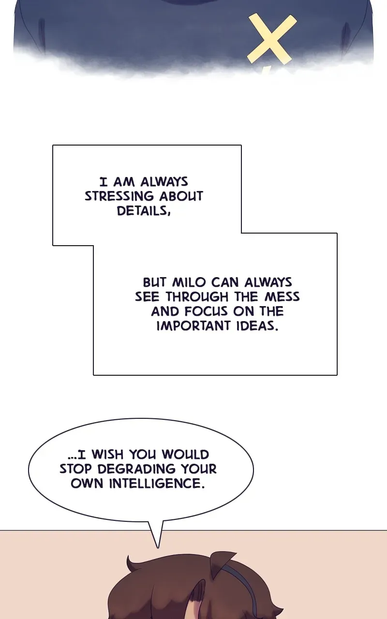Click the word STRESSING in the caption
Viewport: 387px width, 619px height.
[119, 196]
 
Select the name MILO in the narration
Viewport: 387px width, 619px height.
[189, 282]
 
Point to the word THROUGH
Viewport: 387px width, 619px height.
[197, 297]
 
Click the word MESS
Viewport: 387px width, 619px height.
[282, 297]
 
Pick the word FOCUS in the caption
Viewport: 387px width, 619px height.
[206, 311]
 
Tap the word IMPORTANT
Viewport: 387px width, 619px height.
[193, 326]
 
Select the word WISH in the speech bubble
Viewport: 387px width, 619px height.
[108, 455]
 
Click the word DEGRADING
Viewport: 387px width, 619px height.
[136, 469]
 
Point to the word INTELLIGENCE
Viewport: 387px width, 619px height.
[157, 484]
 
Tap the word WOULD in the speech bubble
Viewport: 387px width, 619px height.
[185, 455]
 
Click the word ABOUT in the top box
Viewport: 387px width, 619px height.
[181, 196]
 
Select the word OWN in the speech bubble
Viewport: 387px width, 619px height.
[87, 484]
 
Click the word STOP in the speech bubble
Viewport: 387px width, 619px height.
[75, 469]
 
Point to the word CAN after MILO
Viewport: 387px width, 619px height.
[225, 282]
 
